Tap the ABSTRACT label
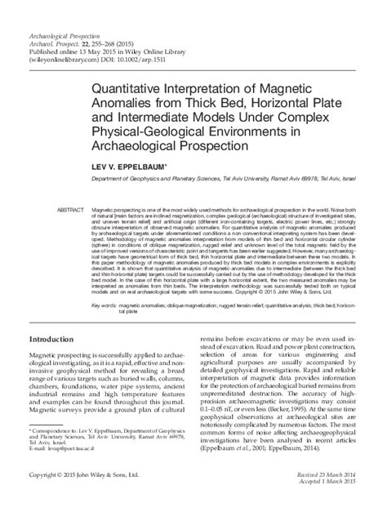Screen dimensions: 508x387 click(69, 211)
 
